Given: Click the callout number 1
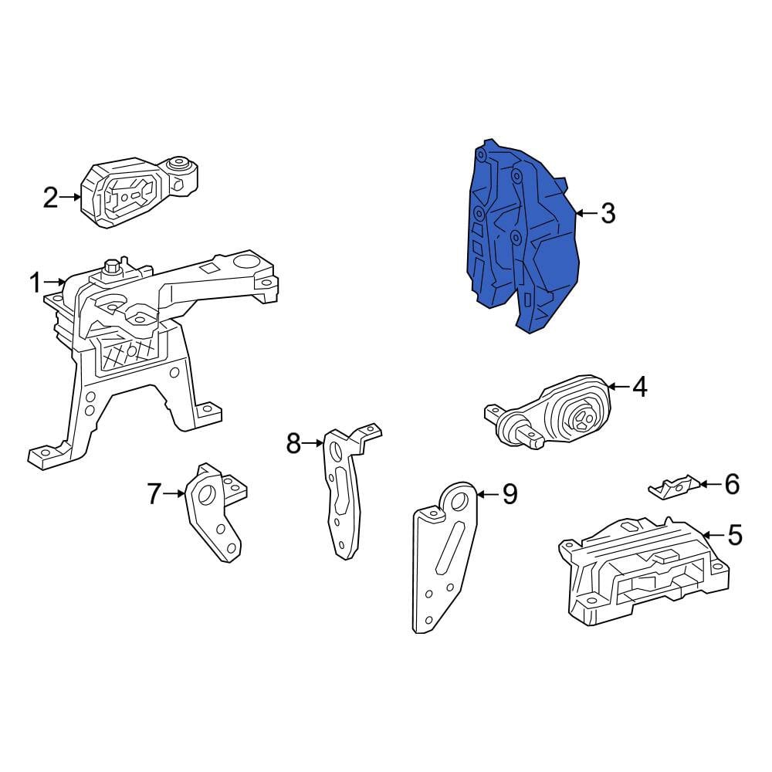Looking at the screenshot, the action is point(35,283).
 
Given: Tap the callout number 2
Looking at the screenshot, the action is point(50,198).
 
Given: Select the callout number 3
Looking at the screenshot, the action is point(608,214).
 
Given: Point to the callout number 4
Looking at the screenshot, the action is point(639,387).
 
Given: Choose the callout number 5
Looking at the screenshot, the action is point(734,535).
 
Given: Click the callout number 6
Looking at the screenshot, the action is point(732,484).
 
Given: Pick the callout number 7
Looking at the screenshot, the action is point(154,494).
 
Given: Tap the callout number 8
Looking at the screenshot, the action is point(293,444).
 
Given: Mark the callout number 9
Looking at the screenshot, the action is point(510,494).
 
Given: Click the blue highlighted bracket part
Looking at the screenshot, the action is point(522,236).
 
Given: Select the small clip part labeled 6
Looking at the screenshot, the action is point(673,487).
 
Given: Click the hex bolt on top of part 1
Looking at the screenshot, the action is point(112,267).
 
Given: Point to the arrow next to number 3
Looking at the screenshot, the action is point(587,213).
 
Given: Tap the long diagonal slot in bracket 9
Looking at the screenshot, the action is point(450,548).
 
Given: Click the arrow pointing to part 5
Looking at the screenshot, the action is point(713,535).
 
